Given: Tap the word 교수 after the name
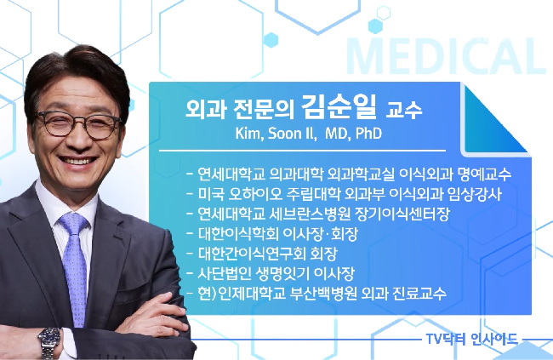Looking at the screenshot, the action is pyautogui.click(x=403, y=110).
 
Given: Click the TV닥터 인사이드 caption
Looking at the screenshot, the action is pyautogui.click(x=471, y=340).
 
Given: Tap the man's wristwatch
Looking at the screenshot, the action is pyautogui.click(x=49, y=341).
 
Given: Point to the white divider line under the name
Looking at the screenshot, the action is pyautogui.click(x=302, y=151).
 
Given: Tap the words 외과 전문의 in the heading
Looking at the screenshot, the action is pyautogui.click(x=240, y=110).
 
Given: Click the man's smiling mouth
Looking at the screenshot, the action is pyautogui.click(x=78, y=162).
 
